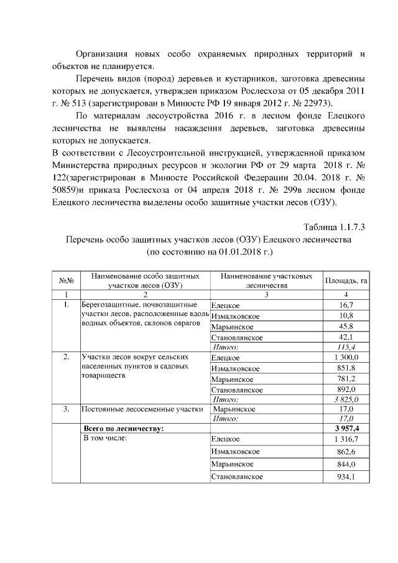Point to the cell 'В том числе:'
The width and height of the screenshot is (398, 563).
105,439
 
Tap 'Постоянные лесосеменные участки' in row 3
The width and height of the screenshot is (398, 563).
142,409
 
